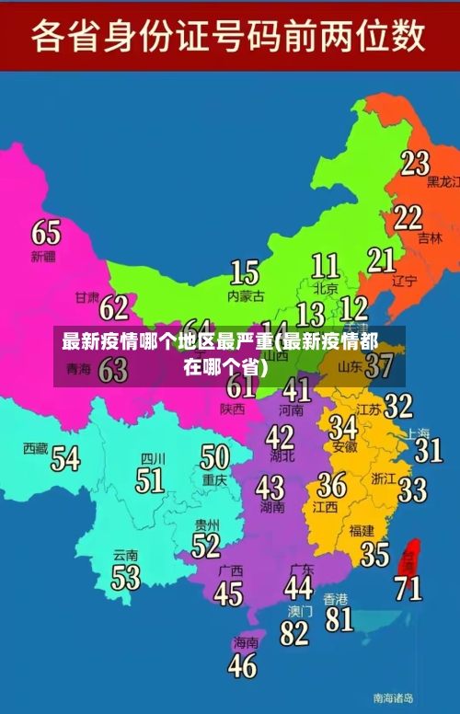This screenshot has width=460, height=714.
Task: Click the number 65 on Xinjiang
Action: click(46, 232)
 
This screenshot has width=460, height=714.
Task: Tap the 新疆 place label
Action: click(43, 256)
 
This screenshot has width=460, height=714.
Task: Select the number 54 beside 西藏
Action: click(64, 457)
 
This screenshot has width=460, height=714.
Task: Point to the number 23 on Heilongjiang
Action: click(414, 163)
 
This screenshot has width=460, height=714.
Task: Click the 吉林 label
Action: click(430, 237)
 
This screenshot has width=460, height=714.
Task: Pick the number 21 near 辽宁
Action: click(381, 260)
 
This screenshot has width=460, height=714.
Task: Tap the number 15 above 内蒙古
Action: click(244, 272)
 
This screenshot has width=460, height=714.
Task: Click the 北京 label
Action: click(325, 287)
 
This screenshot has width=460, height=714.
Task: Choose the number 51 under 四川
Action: click(149, 480)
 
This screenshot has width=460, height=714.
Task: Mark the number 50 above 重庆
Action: click(214, 456)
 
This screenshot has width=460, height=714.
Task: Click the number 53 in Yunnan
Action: click(125, 577)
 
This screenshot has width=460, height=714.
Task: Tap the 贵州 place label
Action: click(207, 524)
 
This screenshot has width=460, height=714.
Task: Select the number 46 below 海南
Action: click(242, 664)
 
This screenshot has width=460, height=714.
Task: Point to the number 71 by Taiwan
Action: click(408, 587)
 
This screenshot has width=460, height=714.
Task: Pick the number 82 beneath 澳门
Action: click(294, 633)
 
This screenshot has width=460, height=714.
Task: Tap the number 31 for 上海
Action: click(428, 450)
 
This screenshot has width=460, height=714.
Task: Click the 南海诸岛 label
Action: click(393, 697)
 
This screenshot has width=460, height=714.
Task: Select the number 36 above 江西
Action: click(331, 484)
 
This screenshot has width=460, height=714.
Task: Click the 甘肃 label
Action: click(86, 298)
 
